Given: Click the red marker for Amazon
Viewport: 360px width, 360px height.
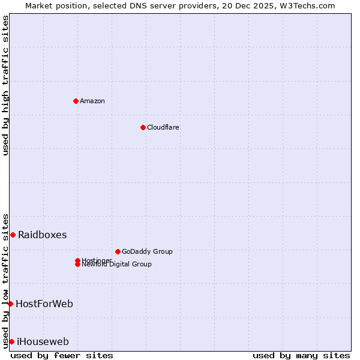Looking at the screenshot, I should point(76,101).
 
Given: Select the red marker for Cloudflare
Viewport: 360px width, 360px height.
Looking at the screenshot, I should point(143,127).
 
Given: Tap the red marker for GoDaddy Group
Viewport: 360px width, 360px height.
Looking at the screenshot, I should point(118,251).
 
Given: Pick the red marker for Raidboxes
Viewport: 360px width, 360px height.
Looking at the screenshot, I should point(13,235).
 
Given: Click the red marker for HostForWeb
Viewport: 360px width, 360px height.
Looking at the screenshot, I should point(10,304).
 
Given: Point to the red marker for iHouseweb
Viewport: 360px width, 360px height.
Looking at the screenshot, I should point(11,341).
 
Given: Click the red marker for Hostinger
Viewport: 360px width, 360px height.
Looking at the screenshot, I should point(77,260).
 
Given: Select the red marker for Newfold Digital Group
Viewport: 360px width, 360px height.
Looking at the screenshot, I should point(77,265).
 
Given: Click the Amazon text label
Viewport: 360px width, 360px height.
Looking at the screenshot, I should point(92,101).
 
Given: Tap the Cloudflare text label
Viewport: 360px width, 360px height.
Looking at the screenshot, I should point(163,127).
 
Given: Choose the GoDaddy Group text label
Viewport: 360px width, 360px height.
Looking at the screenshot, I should point(146,251).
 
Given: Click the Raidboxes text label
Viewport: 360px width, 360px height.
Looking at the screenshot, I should point(42,235).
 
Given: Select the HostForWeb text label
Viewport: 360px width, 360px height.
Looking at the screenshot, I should point(44,304).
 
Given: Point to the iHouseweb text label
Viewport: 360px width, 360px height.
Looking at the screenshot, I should point(43,341).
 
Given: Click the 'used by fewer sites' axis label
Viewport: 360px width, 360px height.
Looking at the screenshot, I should point(62,355).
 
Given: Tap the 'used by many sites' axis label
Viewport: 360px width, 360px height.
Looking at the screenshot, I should point(301,355).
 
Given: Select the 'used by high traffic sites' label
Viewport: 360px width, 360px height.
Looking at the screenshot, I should point(5,85).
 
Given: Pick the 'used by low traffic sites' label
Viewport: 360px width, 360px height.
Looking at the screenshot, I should point(5,280).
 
